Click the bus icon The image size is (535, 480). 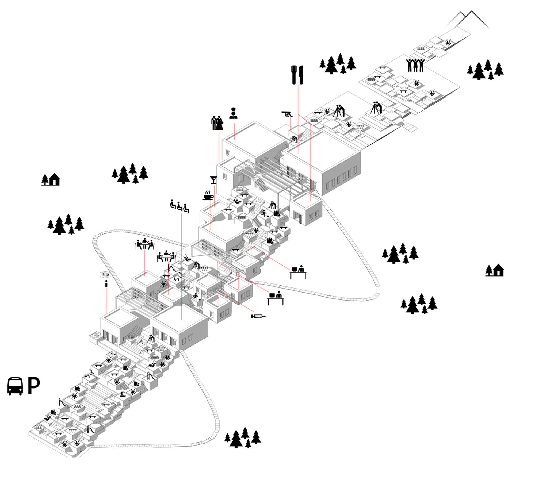(15, 386)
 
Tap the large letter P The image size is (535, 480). (34, 386)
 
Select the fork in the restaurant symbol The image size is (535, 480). (293, 75)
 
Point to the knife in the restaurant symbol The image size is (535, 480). (301, 75)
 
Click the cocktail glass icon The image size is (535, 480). (213, 180)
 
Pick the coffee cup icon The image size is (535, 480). (208, 197)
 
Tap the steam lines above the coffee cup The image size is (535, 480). (208, 192)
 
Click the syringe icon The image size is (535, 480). (258, 316)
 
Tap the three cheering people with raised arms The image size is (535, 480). (415, 65)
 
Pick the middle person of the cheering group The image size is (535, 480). (415, 65)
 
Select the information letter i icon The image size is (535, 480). (106, 284)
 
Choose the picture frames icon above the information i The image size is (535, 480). (105, 274)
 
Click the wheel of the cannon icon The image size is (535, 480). (288, 115)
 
